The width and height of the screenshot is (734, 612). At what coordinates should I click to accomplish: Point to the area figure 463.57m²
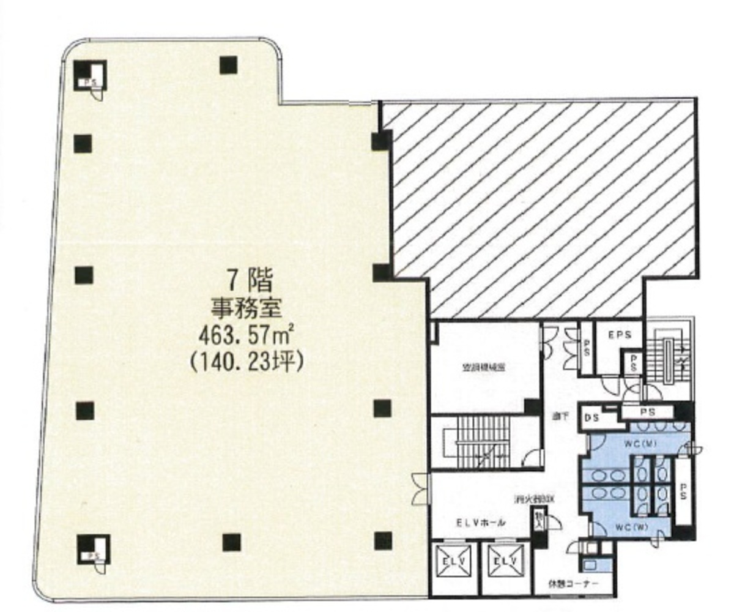click(245, 335)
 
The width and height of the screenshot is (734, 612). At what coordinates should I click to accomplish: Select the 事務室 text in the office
click(245, 308)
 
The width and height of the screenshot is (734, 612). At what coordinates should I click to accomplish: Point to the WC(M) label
click(639, 444)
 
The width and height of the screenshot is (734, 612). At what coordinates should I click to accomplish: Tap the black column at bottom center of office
click(231, 542)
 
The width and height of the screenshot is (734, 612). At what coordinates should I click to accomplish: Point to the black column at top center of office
click(228, 65)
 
